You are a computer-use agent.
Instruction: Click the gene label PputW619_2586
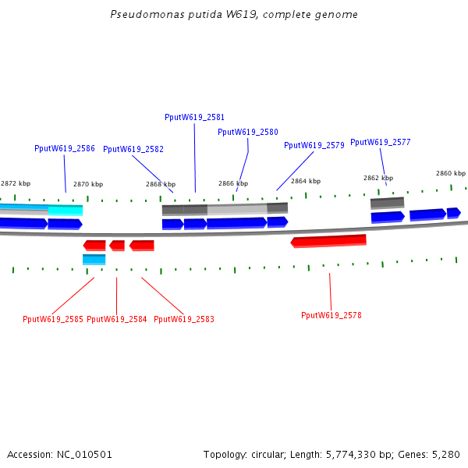point(65,148)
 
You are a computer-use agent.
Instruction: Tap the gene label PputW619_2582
point(133,149)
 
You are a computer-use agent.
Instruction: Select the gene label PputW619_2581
point(195,117)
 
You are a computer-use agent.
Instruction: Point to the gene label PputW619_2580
point(248,133)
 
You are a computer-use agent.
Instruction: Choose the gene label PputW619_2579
point(314,145)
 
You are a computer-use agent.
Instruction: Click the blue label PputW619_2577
point(381,142)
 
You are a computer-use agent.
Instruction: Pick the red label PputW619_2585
point(53,319)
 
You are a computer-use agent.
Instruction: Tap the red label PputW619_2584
point(117,319)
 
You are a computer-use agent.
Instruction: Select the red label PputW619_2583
point(184,319)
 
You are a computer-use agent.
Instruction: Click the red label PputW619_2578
point(331,315)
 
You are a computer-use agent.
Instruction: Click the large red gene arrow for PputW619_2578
point(328,241)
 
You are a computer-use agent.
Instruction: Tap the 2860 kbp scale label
point(450,173)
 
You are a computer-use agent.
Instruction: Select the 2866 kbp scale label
point(232,184)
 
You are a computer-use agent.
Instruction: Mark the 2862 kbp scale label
point(378,178)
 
